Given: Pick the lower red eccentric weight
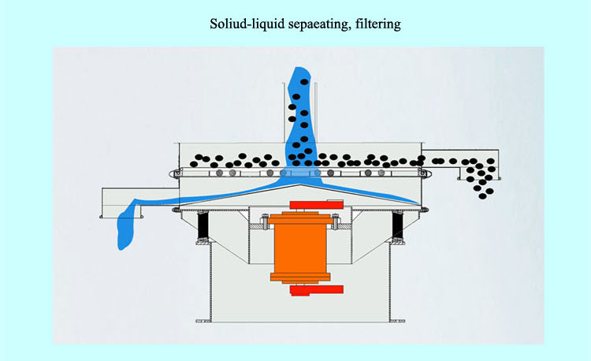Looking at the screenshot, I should coord(312,291).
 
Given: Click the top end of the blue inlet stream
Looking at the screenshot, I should coord(301,73).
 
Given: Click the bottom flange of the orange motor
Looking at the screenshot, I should coord(299,277).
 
